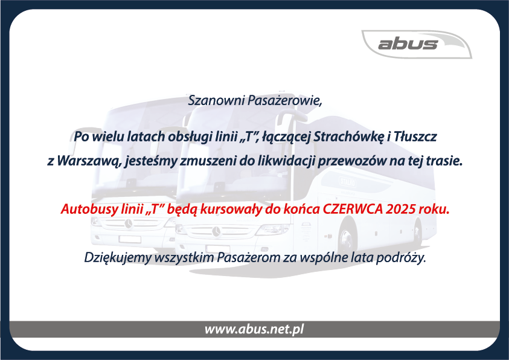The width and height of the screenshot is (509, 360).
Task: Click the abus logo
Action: coord(417,44)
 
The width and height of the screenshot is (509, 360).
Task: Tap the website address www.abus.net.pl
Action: coord(254,329)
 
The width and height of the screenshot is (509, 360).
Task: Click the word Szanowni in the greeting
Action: coord(216,100)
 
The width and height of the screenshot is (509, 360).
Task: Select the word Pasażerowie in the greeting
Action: coord(284,101)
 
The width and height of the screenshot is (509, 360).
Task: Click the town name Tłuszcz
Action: coord(415,137)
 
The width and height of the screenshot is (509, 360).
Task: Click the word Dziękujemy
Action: coord(118,258)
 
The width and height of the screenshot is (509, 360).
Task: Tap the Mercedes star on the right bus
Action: coord(216,231)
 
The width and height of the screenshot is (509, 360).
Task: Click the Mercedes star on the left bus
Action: coord(129,223)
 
